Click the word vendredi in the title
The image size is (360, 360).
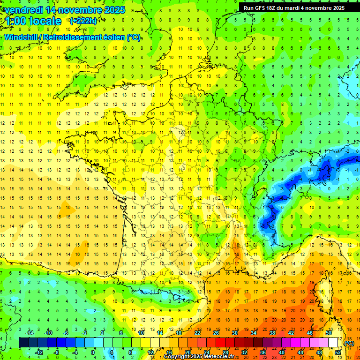point(22,10)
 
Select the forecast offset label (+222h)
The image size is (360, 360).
point(83,21)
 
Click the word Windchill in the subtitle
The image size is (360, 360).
point(21,37)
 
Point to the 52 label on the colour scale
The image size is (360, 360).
point(338,352)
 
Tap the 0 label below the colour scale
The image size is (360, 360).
point(92,352)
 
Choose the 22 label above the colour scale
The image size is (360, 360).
point(197,333)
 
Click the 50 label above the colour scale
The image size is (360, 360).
point(329,333)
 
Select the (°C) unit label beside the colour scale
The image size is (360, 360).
point(349,343)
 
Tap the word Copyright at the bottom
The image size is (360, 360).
point(176,357)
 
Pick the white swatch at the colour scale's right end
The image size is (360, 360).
point(333,343)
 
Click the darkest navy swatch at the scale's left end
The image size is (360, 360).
point(23,343)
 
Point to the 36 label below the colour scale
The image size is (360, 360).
point(263,352)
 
